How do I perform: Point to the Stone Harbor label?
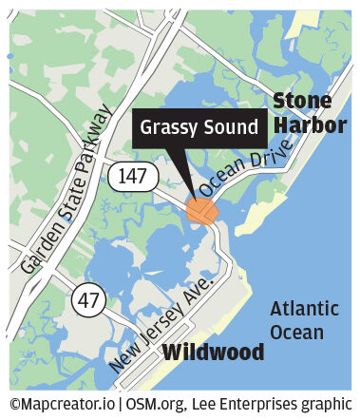point(302,113)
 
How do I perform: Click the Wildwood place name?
point(213,353)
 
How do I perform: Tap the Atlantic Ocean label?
point(303,321)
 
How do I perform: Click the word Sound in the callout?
point(231,126)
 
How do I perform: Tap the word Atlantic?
point(303,310)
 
